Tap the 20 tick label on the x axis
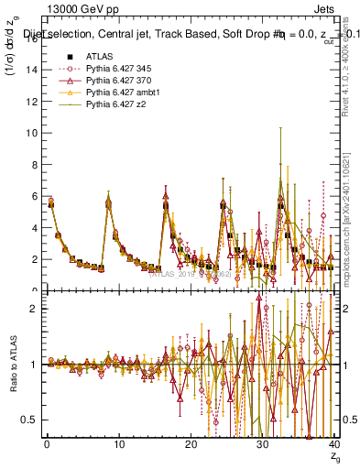pos(190,447)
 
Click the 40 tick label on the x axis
pos(334,447)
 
